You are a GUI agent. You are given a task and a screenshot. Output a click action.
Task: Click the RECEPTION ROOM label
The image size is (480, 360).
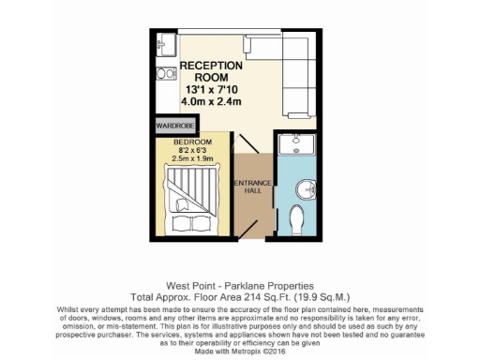click(211, 72)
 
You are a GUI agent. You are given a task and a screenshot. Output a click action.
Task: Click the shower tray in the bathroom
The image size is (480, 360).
click(300, 145)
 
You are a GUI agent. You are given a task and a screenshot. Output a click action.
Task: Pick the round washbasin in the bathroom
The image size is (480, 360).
click(307, 189)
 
